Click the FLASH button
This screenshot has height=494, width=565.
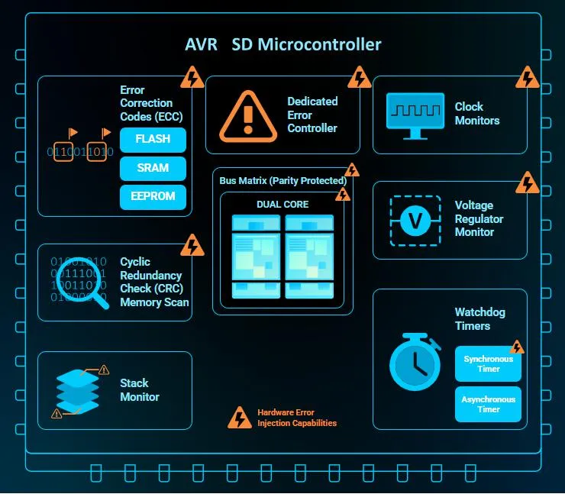click(x=153, y=140)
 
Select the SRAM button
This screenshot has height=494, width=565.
click(x=153, y=168)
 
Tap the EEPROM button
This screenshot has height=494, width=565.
click(x=153, y=197)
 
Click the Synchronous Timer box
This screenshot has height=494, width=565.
click(x=488, y=363)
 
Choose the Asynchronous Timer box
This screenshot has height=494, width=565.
click(x=488, y=404)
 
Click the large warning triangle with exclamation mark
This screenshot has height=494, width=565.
click(x=248, y=116)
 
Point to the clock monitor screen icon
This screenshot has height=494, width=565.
click(x=415, y=115)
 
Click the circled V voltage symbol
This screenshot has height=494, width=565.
click(x=415, y=221)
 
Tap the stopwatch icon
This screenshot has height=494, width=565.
click(x=415, y=361)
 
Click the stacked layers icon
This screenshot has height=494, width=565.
click(x=77, y=392)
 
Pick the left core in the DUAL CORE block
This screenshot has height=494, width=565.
click(x=256, y=257)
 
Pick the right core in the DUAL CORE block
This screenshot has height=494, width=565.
click(x=309, y=257)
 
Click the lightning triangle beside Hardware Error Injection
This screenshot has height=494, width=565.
click(x=240, y=418)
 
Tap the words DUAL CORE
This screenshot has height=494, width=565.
click(x=282, y=205)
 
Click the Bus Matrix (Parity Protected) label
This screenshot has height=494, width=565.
click(x=282, y=180)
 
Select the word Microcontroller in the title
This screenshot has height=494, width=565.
click(x=319, y=45)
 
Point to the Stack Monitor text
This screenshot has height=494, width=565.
click(x=140, y=390)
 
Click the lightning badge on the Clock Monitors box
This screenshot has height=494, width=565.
click(x=527, y=77)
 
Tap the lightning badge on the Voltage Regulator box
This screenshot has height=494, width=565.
click(x=527, y=182)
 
